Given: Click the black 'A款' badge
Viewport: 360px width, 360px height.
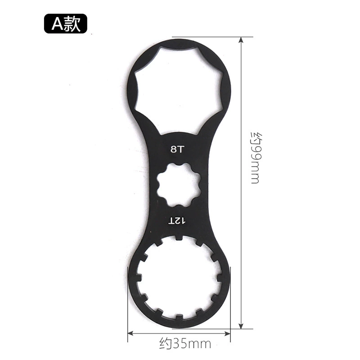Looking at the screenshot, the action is [x=66, y=24].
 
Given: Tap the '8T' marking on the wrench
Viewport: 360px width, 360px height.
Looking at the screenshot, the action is [x=177, y=149].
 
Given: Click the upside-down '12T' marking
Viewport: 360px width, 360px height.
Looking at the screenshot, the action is [x=177, y=221].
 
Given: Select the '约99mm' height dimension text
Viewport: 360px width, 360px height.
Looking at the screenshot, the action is [x=256, y=158].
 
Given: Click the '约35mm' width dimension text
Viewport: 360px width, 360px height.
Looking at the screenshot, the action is [x=185, y=344].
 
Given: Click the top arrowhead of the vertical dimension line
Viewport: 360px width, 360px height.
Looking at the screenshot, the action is [x=241, y=40].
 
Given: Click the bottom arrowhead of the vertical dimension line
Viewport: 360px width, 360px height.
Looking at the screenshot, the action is [x=241, y=326].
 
